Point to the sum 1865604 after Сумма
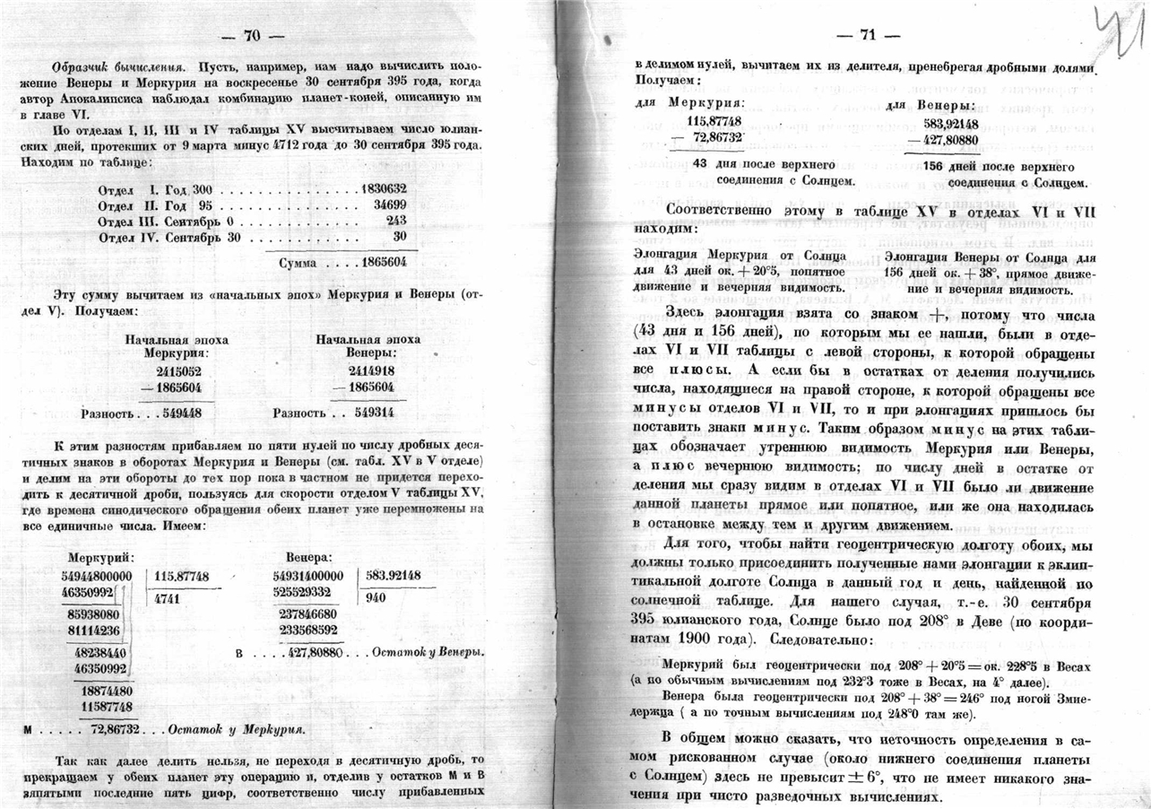pyautogui.click(x=385, y=263)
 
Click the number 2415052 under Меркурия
pyautogui.click(x=178, y=370)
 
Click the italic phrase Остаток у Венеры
pyautogui.click(x=428, y=651)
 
